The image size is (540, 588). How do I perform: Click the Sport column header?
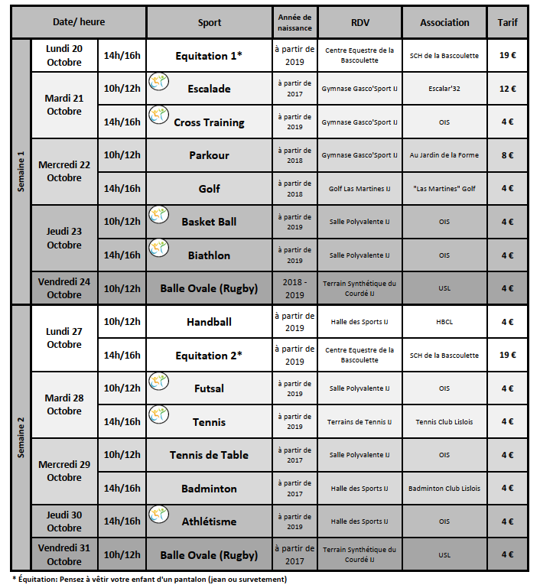(x=209, y=23)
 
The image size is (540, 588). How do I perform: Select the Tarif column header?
(x=507, y=23)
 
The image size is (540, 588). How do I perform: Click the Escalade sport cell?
(x=209, y=89)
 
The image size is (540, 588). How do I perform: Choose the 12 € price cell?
(x=507, y=89)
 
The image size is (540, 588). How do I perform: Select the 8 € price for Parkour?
(x=507, y=155)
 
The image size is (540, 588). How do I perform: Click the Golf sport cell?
(x=209, y=189)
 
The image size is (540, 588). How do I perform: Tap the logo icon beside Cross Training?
(x=158, y=115)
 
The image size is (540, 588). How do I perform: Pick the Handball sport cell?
(x=209, y=322)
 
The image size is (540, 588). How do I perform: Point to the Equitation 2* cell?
(x=209, y=355)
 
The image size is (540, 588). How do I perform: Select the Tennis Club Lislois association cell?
(x=444, y=421)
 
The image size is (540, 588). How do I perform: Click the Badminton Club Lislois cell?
(x=444, y=488)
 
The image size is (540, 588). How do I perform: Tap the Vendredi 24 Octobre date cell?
(x=64, y=288)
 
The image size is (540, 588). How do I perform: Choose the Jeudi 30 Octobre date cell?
(x=64, y=521)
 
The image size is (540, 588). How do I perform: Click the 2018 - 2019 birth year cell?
(x=294, y=288)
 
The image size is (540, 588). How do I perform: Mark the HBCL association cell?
(x=444, y=322)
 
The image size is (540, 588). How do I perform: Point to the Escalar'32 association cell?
(x=444, y=89)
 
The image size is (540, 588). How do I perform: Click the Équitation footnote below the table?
(x=149, y=580)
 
